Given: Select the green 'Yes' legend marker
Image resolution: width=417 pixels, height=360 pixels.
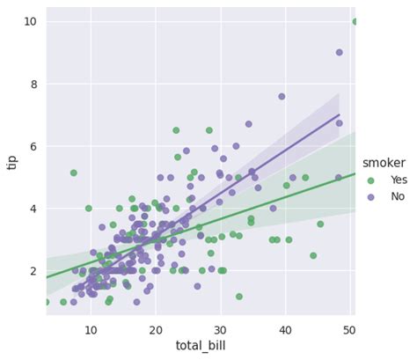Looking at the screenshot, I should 370,180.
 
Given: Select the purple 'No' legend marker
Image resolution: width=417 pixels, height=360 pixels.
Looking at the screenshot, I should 370,196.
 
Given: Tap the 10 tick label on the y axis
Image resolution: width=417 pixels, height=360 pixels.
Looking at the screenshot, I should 30,21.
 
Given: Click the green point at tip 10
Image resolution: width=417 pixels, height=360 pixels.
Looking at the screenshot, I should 355,21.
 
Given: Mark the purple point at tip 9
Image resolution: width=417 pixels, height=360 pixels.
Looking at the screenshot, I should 340,53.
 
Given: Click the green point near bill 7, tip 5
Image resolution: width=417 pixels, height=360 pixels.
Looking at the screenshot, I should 74,173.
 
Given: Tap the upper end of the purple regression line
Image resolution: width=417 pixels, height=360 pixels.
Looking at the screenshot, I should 339,115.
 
